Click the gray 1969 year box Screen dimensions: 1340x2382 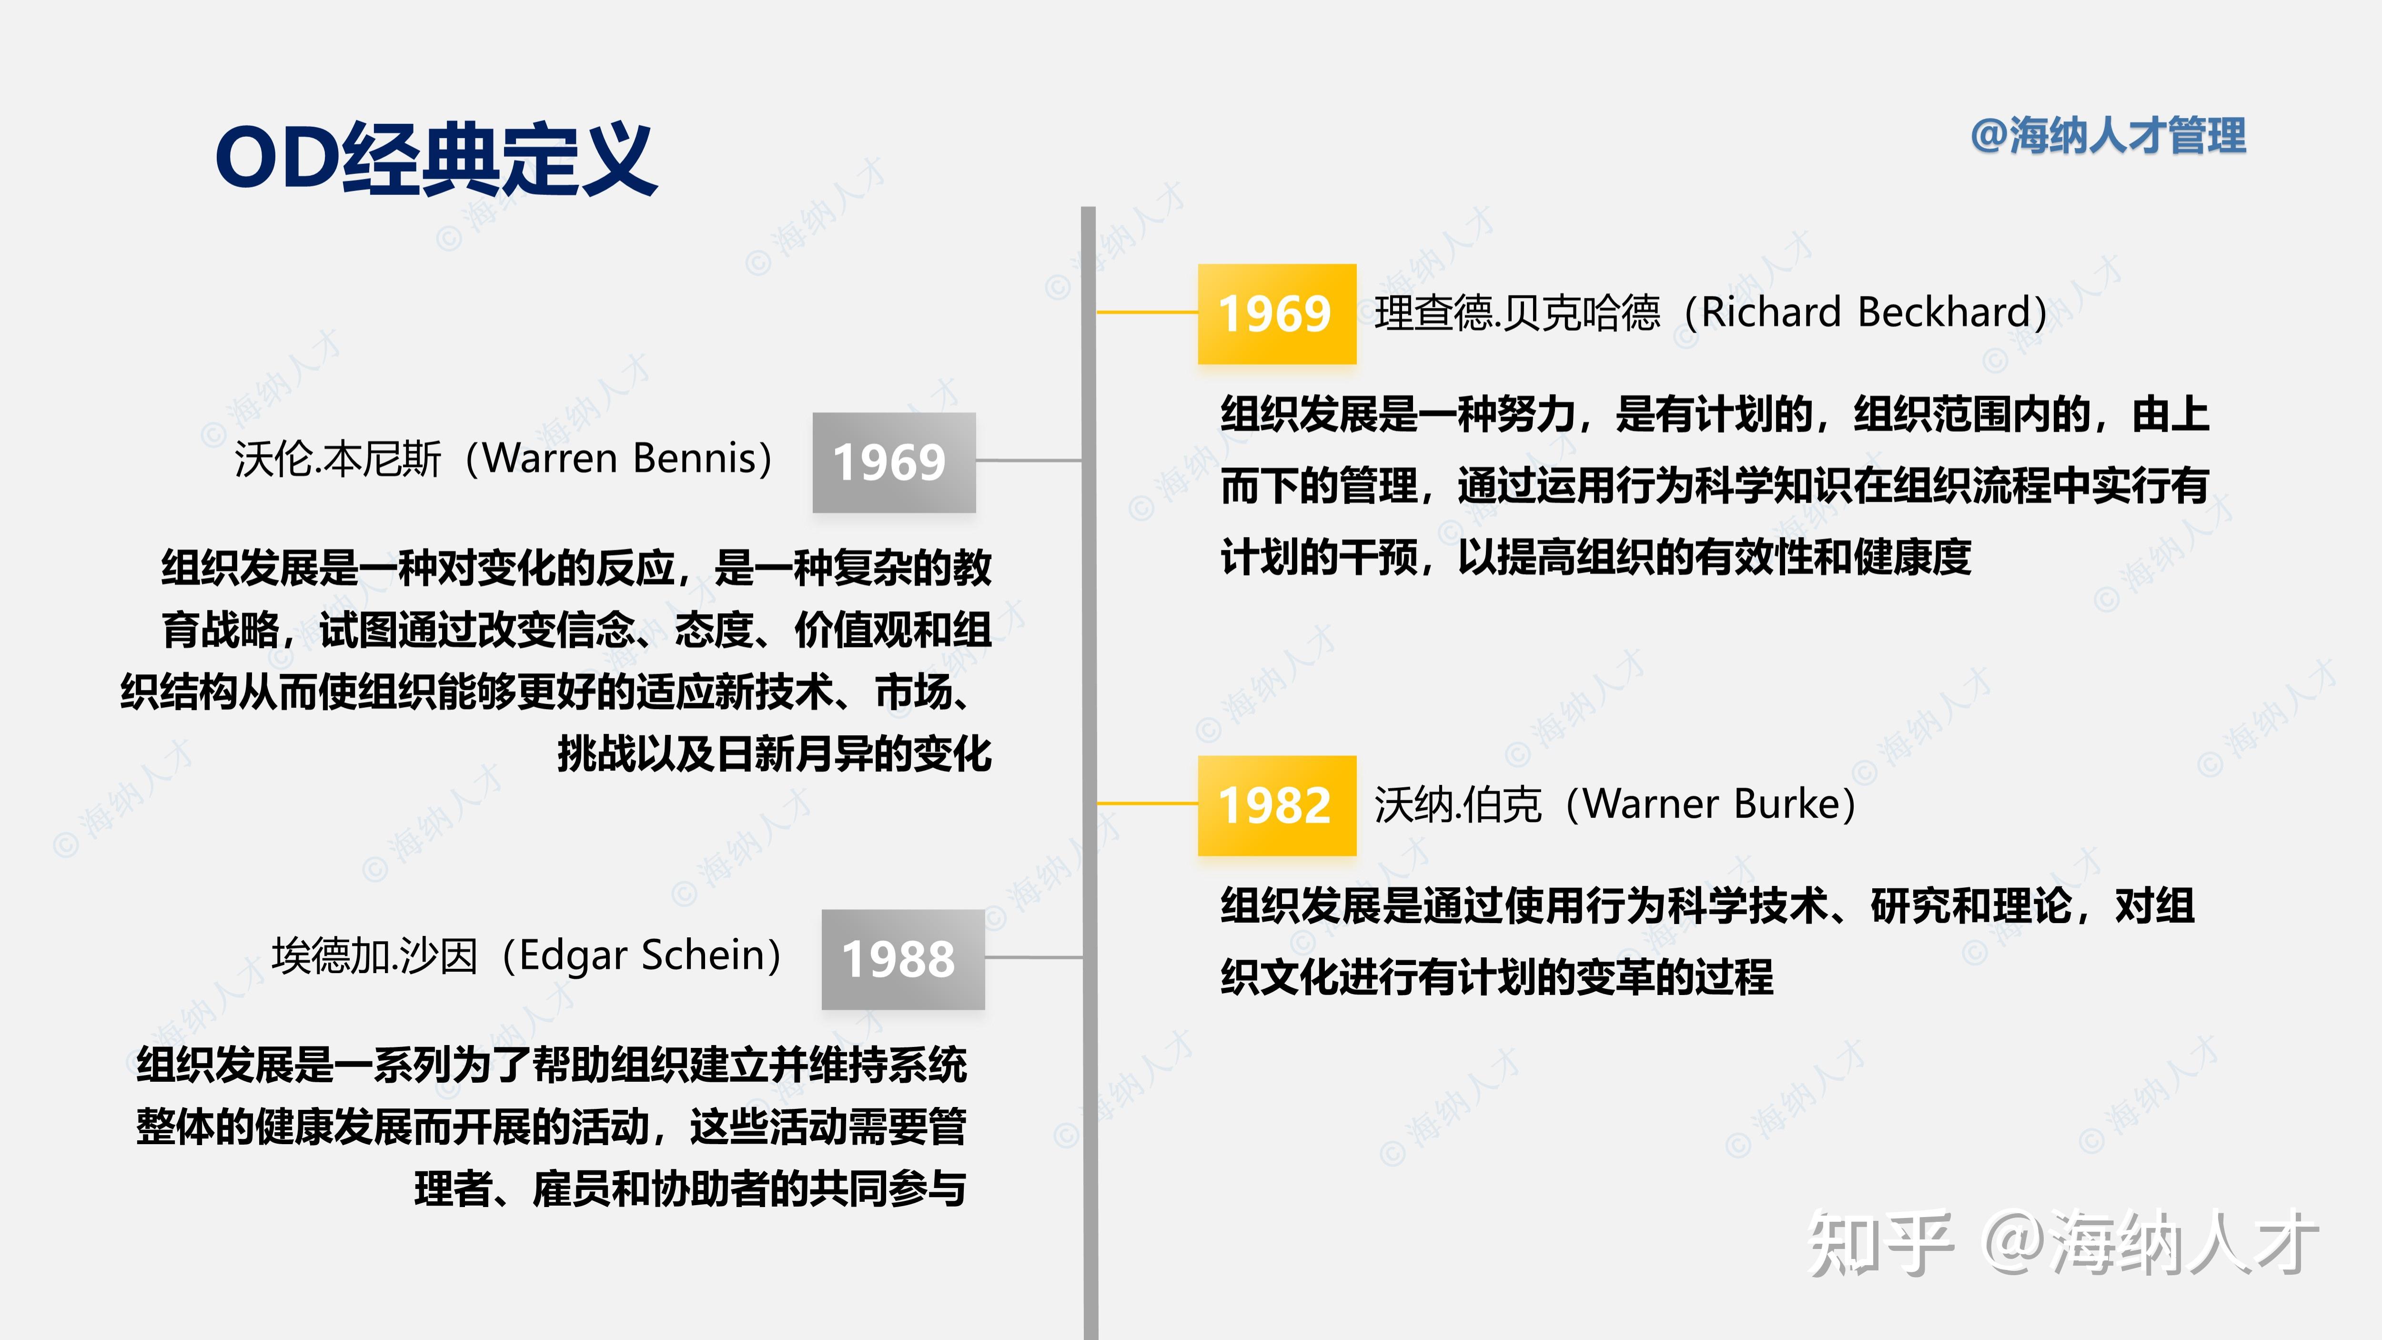(893, 462)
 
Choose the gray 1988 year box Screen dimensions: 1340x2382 (902, 959)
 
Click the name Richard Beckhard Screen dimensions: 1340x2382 (1873, 313)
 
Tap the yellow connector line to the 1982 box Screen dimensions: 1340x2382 (1147, 803)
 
